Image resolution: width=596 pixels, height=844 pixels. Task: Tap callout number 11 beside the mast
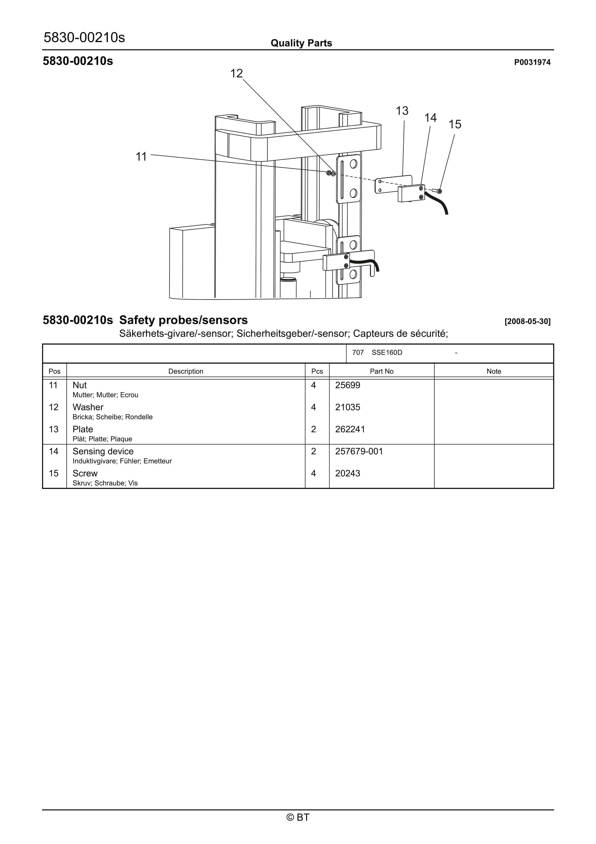click(141, 157)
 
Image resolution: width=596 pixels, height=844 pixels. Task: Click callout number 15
click(455, 124)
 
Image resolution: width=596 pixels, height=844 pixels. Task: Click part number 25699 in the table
click(347, 385)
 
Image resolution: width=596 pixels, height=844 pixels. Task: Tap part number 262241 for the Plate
click(350, 429)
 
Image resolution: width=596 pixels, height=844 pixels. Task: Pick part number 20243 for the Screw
click(347, 473)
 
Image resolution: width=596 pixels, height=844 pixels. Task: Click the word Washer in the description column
click(88, 407)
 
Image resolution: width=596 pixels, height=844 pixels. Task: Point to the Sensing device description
click(103, 451)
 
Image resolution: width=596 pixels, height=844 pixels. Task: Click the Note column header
click(494, 371)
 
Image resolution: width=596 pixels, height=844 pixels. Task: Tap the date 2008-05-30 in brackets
click(527, 321)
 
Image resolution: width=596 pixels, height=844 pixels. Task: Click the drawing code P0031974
click(532, 62)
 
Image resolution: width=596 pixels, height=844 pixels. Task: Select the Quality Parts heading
click(301, 43)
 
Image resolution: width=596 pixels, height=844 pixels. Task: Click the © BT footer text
click(298, 817)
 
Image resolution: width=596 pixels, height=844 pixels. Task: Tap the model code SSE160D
click(387, 353)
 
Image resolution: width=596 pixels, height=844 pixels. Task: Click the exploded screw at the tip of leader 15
click(438, 191)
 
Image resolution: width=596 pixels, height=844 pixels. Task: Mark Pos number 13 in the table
click(54, 429)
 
